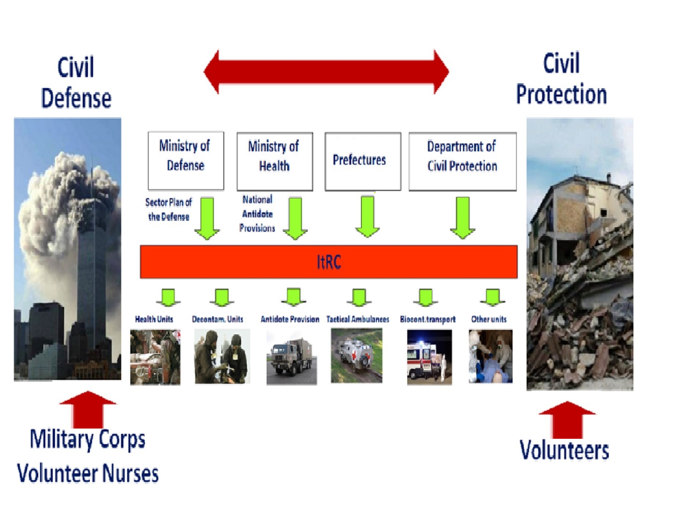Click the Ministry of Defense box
(186, 161)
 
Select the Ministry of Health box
(275, 161)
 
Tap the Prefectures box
(363, 161)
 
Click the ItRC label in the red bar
(329, 262)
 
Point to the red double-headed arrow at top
(326, 72)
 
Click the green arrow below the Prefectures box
(367, 216)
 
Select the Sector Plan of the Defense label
(168, 209)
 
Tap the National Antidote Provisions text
(257, 214)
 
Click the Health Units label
(154, 319)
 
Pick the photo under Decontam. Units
(222, 356)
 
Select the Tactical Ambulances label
(358, 319)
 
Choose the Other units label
(489, 319)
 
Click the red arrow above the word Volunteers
(567, 420)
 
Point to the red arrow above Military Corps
(88, 409)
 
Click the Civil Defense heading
(76, 82)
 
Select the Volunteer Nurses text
(88, 473)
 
